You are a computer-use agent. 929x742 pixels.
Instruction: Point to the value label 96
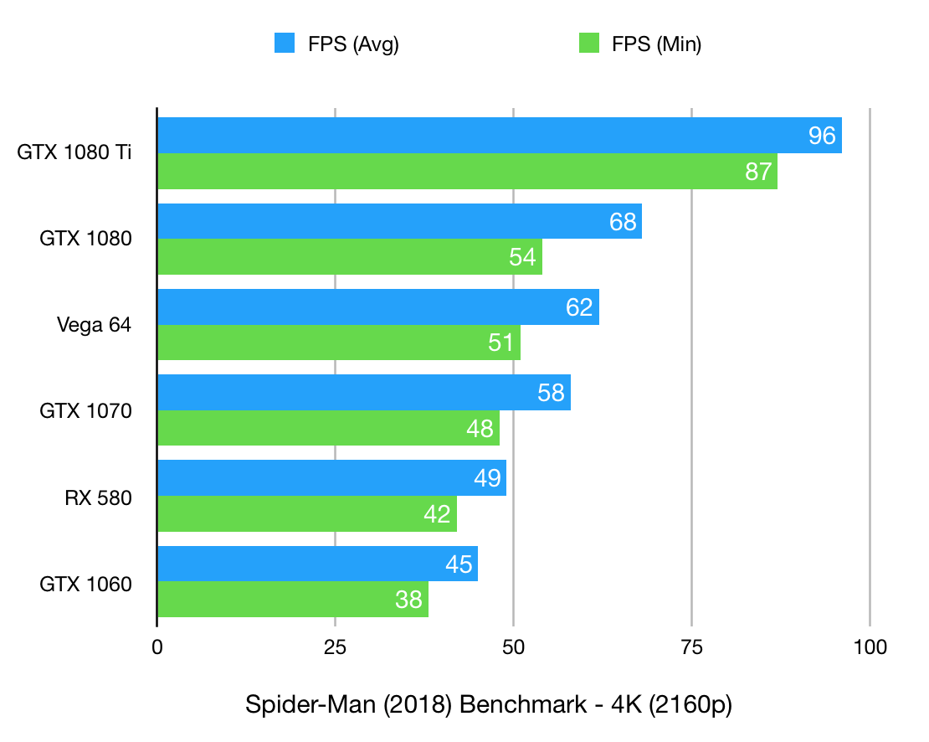tap(823, 136)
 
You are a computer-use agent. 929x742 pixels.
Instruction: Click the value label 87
tap(758, 172)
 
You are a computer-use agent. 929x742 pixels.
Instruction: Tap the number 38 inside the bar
tap(409, 600)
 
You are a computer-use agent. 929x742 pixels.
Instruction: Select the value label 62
tap(579, 307)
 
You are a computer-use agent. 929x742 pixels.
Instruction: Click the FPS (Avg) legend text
tap(353, 44)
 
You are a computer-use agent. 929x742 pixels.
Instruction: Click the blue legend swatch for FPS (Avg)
tap(285, 44)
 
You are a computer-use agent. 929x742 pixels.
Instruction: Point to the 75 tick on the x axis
tap(691, 647)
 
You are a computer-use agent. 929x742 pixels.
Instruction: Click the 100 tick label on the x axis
tap(870, 647)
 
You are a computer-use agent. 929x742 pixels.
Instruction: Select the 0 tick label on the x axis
tap(157, 647)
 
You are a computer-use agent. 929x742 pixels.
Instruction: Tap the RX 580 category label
tap(98, 497)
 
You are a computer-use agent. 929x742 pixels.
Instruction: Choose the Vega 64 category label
tap(94, 325)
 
